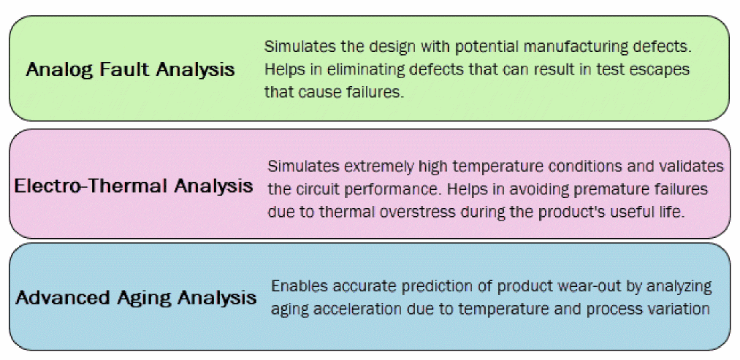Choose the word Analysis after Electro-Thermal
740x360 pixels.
(x=213, y=185)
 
